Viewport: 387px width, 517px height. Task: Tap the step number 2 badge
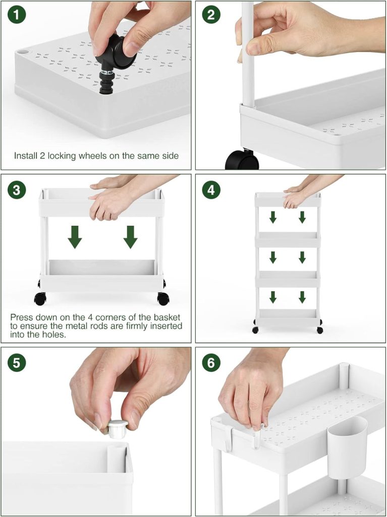(211, 15)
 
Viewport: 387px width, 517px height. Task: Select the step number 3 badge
(16, 190)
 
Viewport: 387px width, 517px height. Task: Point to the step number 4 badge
(211, 190)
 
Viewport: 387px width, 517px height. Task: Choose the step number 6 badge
(211, 363)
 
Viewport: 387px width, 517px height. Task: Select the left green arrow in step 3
(75, 237)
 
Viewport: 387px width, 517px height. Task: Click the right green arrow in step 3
(130, 237)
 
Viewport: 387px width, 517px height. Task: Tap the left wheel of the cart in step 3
(40, 298)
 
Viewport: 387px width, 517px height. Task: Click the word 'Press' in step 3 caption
(21, 318)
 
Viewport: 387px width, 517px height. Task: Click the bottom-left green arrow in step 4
(272, 297)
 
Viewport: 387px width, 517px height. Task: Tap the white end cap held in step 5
(118, 429)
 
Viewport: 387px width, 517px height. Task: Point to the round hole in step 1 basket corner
(23, 52)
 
